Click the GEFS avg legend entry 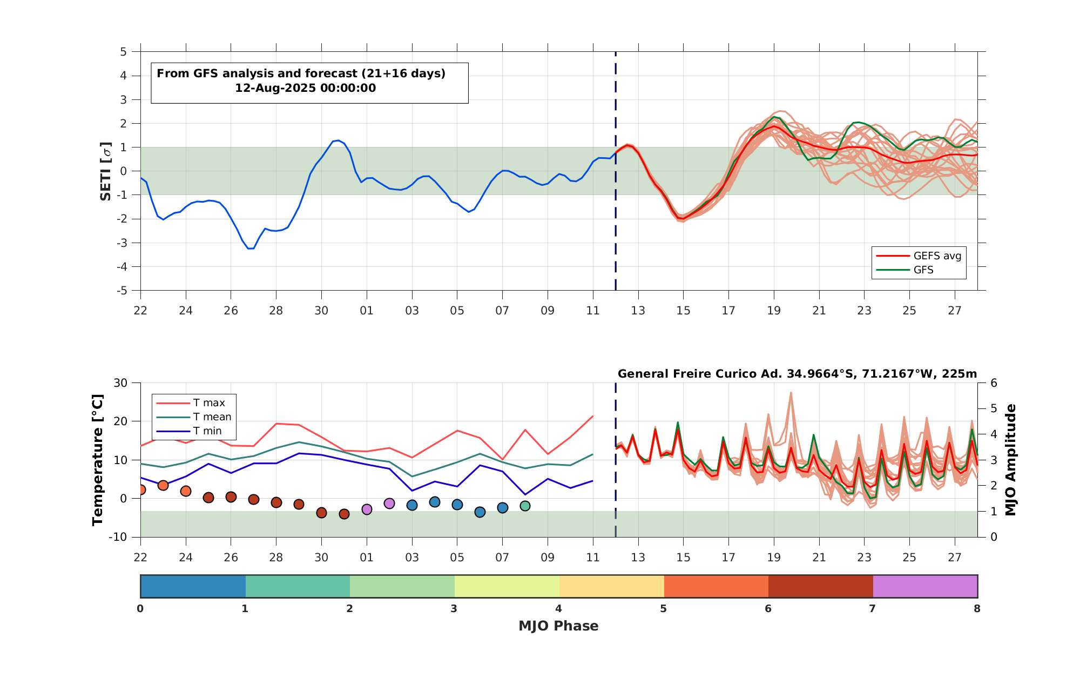919,256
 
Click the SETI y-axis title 106,171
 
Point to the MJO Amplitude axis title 1010,460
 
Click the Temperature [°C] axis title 97,460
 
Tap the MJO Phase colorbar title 558,626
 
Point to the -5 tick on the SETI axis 123,291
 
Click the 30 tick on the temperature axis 121,383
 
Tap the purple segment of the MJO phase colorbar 925,586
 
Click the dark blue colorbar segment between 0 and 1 193,586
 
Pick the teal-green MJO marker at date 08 525,506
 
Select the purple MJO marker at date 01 367,509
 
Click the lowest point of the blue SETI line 251,249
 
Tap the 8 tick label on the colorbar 977,609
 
